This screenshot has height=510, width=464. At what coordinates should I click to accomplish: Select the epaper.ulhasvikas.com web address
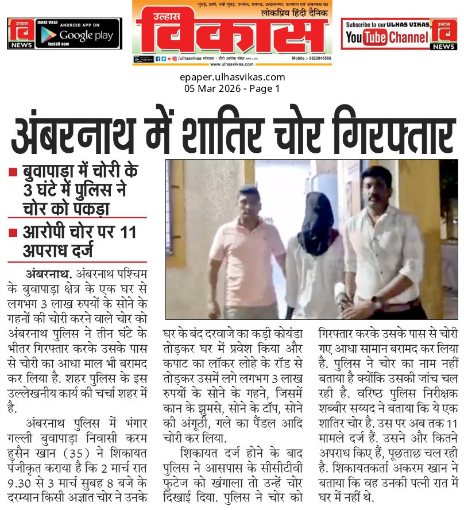[x=231, y=77]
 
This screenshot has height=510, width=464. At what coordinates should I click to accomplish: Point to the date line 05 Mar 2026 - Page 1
[x=231, y=88]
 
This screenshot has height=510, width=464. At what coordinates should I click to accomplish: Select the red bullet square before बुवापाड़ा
[x=12, y=171]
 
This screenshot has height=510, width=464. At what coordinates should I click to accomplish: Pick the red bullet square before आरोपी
[x=12, y=233]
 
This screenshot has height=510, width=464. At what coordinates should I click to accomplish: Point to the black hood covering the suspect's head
[x=315, y=215]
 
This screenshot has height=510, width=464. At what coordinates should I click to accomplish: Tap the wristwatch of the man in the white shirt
[x=376, y=301]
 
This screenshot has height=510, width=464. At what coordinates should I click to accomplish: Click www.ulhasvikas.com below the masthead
[x=232, y=64]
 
